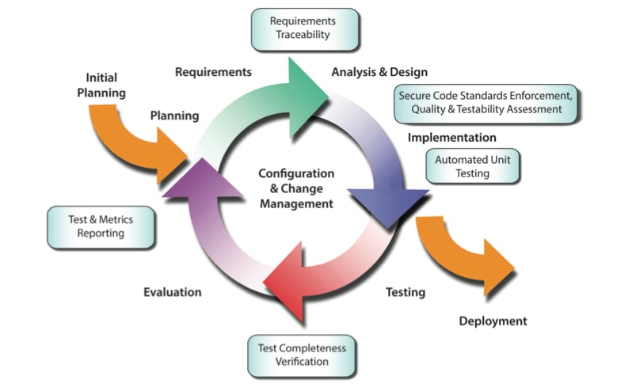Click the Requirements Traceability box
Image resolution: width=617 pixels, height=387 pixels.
click(x=303, y=28)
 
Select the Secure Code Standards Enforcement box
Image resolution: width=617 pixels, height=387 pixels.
click(x=486, y=102)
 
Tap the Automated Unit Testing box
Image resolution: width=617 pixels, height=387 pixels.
click(x=473, y=166)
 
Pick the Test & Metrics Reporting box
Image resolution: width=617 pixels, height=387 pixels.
click(x=101, y=226)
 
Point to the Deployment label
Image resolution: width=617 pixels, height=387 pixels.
click(x=493, y=321)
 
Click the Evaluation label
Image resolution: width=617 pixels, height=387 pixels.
click(x=173, y=292)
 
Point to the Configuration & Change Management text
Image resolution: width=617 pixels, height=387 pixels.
click(x=296, y=188)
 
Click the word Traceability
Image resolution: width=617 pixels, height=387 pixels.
click(x=303, y=36)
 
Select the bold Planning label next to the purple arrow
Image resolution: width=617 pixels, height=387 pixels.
click(x=174, y=116)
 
